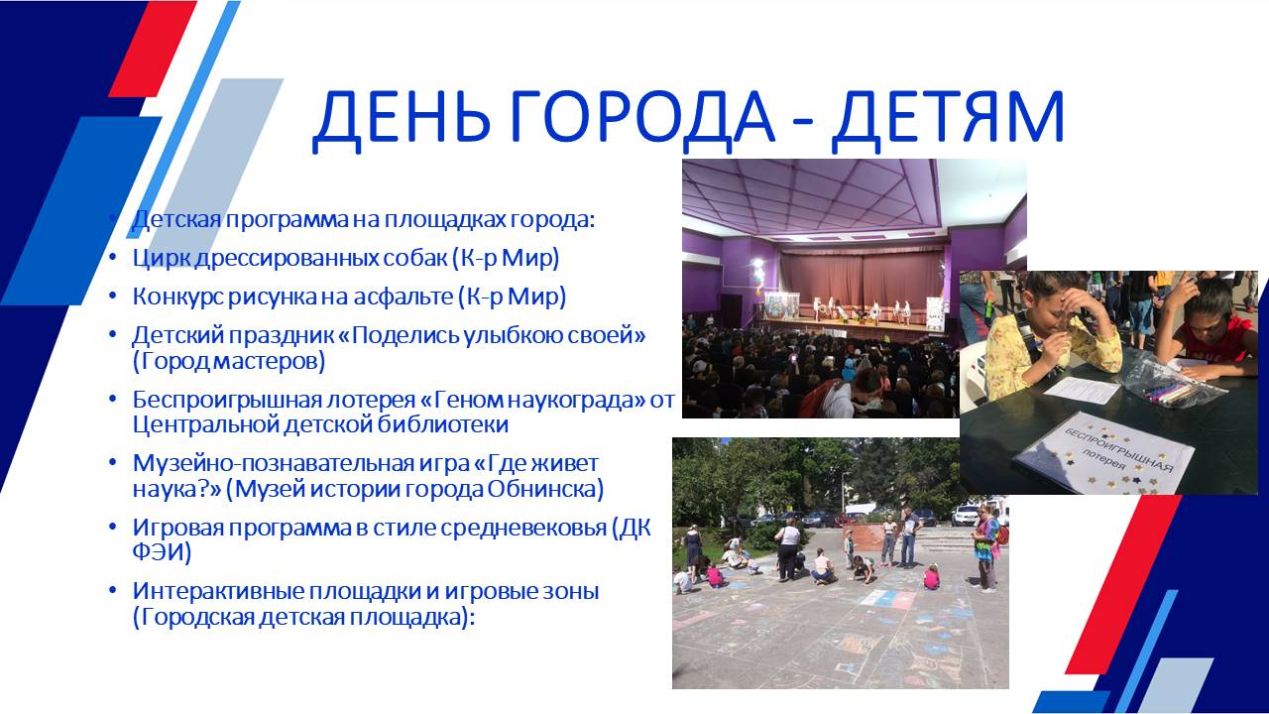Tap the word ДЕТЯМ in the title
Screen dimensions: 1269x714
tap(948, 117)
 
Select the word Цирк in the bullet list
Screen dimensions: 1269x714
tap(161, 259)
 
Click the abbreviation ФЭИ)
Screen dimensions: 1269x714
tap(162, 552)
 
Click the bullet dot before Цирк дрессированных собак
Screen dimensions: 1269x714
tap(113, 258)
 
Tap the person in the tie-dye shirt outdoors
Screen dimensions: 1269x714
tap(985, 545)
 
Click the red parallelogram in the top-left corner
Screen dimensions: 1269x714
tap(153, 49)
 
